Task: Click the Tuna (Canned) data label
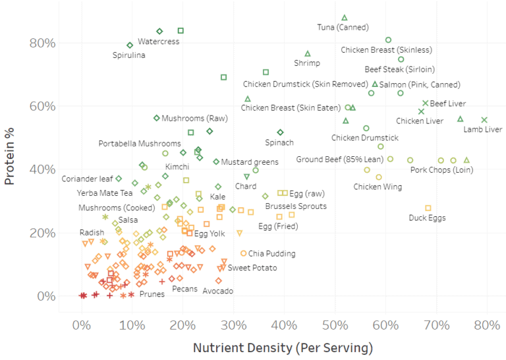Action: [x=343, y=28]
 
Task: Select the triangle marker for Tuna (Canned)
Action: [x=345, y=18]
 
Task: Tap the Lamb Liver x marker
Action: [x=484, y=120]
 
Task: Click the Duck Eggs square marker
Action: [x=428, y=208]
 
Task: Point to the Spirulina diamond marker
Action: [x=130, y=45]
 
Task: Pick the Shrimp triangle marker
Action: [x=308, y=54]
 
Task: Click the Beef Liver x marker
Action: [x=426, y=104]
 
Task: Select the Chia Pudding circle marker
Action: [x=243, y=253]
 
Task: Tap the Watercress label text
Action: [x=158, y=42]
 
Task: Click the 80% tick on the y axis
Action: [x=42, y=44]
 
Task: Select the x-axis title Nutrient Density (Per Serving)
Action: [x=283, y=347]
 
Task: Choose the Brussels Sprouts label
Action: [x=296, y=206]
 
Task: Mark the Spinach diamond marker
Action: [x=280, y=133]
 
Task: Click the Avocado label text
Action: [x=217, y=291]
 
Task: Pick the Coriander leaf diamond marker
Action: [x=119, y=179]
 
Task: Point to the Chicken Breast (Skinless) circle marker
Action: [x=388, y=40]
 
